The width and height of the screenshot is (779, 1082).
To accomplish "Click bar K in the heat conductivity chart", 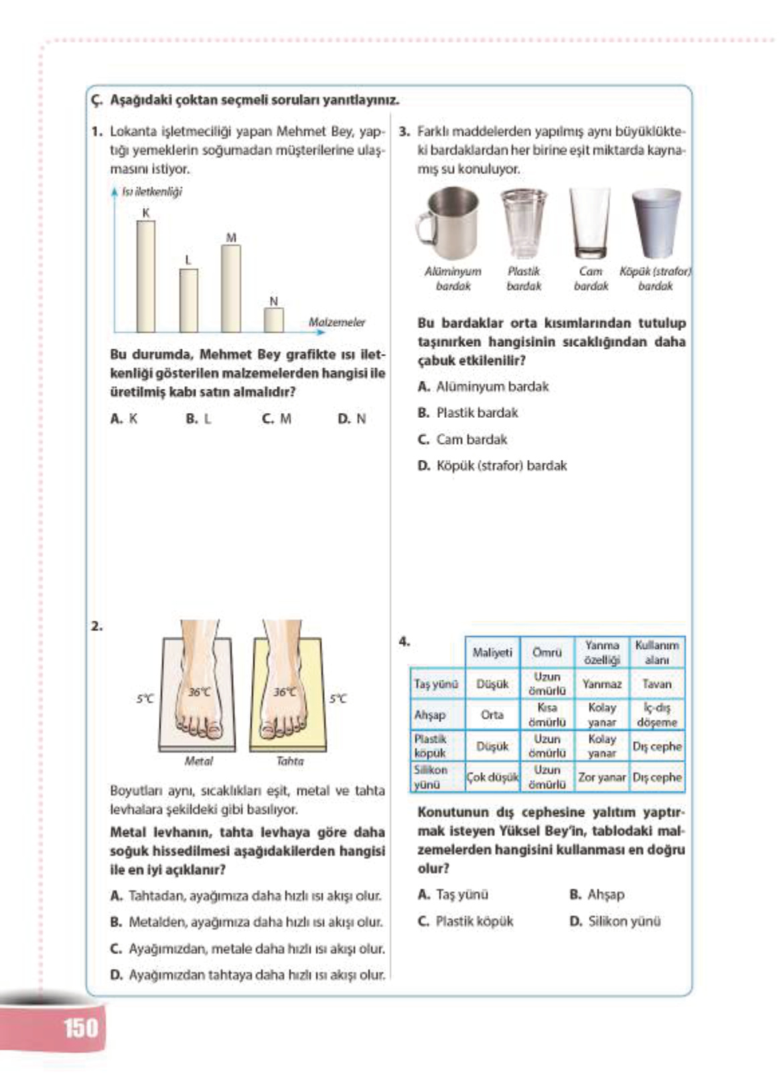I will [145, 276].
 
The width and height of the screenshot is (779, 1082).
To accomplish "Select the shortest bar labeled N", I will [273, 319].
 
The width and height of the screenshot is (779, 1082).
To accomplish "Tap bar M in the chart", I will [230, 289].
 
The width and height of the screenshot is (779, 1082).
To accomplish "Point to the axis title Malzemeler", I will [337, 322].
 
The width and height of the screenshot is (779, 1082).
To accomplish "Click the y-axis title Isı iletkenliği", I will [151, 192].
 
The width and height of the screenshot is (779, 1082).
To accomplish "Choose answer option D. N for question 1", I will [352, 418].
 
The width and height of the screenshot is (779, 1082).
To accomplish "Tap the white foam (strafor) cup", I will [656, 224].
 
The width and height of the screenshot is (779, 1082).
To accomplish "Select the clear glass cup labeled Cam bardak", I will [591, 224].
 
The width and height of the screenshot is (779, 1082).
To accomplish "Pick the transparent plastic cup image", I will [523, 224].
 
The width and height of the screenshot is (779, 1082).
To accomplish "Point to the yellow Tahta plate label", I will [289, 761].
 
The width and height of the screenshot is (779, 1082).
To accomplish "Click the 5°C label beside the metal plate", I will [145, 698].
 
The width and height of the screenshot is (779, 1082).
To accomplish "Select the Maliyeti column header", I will [492, 652].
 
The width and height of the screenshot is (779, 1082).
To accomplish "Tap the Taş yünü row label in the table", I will [436, 684].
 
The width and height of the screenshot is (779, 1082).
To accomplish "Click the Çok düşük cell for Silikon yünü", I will [492, 777].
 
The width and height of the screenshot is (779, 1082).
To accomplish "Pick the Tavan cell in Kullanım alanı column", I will [656, 684].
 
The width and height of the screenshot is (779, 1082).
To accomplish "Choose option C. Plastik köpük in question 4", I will [466, 921].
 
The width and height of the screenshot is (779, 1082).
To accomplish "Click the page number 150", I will [80, 1027].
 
